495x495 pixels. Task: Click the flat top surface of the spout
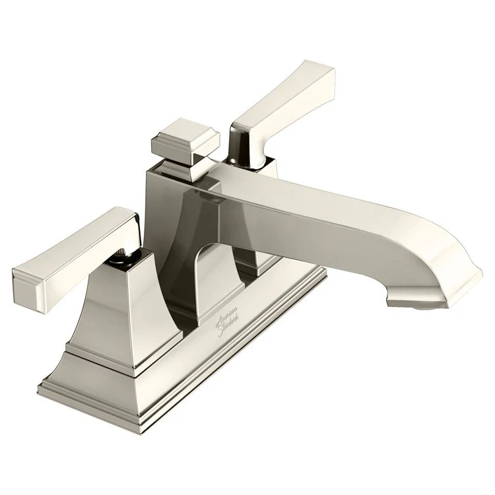pyautogui.click(x=330, y=198)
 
